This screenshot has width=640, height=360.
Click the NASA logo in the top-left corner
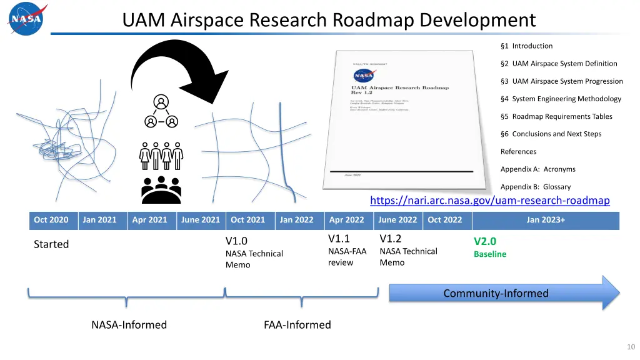click(26, 19)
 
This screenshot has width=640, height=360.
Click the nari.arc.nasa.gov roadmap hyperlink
click(489, 201)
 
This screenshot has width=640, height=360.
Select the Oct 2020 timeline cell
click(51, 220)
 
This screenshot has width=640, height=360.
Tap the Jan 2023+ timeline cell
click(545, 220)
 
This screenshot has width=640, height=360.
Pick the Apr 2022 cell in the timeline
click(346, 220)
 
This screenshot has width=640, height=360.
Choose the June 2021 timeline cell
click(200, 220)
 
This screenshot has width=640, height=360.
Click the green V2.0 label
click(485, 241)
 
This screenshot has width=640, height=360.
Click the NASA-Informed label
click(129, 325)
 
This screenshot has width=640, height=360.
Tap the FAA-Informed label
click(297, 325)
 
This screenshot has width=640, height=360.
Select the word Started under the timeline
click(51, 244)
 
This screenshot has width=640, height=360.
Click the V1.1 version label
click(339, 239)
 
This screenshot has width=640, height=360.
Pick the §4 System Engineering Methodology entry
click(561, 99)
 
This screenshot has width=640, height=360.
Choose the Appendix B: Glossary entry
click(535, 187)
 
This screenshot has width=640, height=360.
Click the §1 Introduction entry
click(526, 46)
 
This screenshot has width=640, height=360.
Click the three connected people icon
click(161, 112)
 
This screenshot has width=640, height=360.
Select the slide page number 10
click(630, 347)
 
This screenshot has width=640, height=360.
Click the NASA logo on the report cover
click(364, 76)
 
